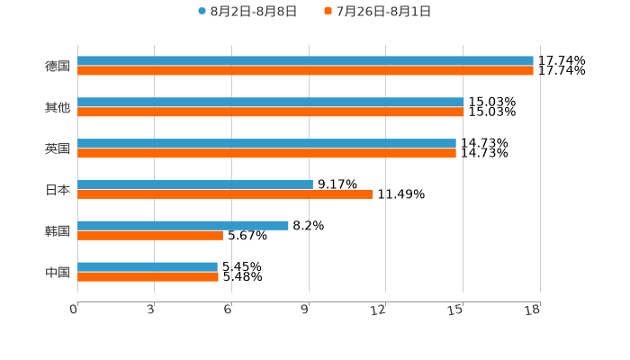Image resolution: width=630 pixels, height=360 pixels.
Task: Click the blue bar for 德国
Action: pyautogui.click(x=305, y=61)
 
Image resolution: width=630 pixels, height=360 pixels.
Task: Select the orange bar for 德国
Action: pyautogui.click(x=305, y=71)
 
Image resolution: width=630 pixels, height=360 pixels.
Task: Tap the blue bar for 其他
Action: pyautogui.click(x=270, y=103)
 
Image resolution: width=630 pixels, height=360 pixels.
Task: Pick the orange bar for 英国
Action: pyautogui.click(x=266, y=154)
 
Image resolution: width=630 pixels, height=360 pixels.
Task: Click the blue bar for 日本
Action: pyautogui.click(x=195, y=184)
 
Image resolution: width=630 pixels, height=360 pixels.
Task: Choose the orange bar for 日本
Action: pyautogui.click(x=225, y=194)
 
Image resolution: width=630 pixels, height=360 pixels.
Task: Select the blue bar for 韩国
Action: pyautogui.click(x=183, y=226)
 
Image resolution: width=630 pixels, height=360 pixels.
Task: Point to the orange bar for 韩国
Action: pyautogui.click(x=150, y=236)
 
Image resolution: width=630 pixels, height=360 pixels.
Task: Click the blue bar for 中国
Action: pyautogui.click(x=148, y=266)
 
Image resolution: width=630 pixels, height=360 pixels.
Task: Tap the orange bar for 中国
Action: pyautogui.click(x=148, y=277)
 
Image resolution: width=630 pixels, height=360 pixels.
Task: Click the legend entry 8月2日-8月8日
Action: pyautogui.click(x=247, y=12)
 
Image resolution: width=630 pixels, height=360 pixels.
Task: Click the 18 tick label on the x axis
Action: pyautogui.click(x=533, y=310)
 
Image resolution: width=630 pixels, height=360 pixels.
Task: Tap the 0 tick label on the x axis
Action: pyautogui.click(x=74, y=310)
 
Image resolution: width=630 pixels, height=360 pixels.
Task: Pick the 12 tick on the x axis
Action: pyautogui.click(x=379, y=310)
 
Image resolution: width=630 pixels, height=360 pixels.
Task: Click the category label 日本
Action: pyautogui.click(x=58, y=190)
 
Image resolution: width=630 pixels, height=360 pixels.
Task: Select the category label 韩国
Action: pyautogui.click(x=58, y=230)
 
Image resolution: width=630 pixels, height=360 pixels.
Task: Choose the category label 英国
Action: pyautogui.click(x=58, y=148)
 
